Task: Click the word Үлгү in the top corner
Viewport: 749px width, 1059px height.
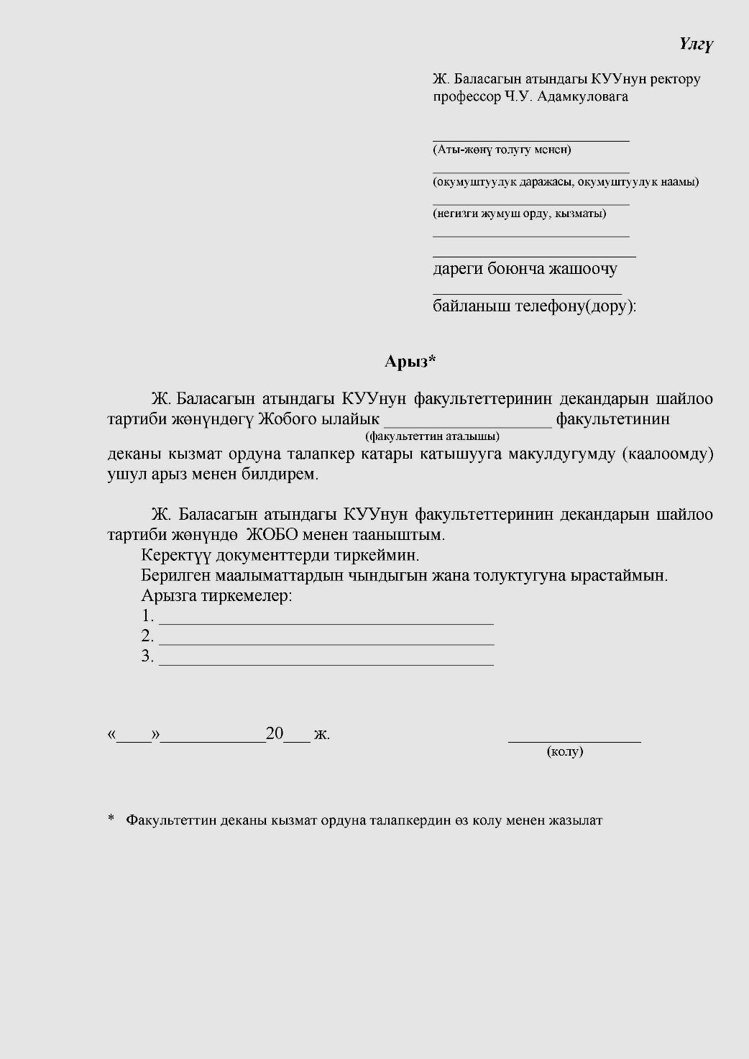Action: coord(695,45)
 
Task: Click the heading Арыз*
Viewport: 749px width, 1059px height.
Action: coord(410,361)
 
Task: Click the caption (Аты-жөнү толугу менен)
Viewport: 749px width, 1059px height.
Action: coord(502,150)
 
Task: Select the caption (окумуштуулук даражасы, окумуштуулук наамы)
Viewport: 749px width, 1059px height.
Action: coord(565,182)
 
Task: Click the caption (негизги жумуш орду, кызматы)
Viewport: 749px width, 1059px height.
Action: coord(519,214)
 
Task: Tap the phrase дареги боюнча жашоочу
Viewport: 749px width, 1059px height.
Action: coord(524,269)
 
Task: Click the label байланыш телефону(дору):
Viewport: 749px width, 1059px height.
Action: coord(534,306)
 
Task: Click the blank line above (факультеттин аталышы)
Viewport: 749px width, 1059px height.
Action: coord(469,426)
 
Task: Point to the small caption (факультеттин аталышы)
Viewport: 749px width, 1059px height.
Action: coord(432,436)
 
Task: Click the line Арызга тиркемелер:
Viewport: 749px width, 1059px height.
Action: coord(216,596)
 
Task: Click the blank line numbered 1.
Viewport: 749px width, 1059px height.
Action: coord(326,623)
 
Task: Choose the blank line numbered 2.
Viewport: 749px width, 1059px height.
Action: coord(326,643)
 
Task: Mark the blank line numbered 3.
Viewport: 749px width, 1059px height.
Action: coord(326,664)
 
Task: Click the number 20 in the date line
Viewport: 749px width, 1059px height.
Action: coord(275,734)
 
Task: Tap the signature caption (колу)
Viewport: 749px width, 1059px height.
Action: coord(565,752)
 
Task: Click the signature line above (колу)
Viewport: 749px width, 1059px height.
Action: coord(574,739)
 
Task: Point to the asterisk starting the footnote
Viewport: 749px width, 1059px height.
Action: coord(111,819)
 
